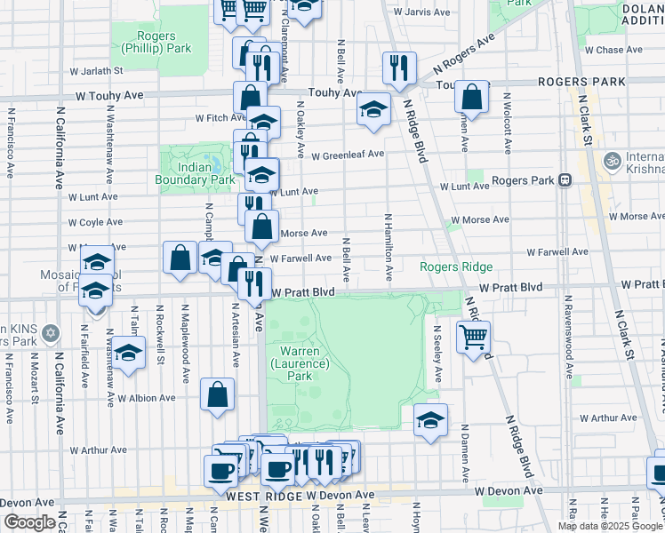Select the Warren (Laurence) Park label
point(300,363)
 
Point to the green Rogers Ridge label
point(456,266)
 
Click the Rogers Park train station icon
point(565,179)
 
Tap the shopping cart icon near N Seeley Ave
point(473,337)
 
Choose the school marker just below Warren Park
point(430,419)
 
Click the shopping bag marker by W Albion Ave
point(218,394)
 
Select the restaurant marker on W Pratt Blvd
point(255,283)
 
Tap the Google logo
point(28,521)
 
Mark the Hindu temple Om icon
point(611,161)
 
